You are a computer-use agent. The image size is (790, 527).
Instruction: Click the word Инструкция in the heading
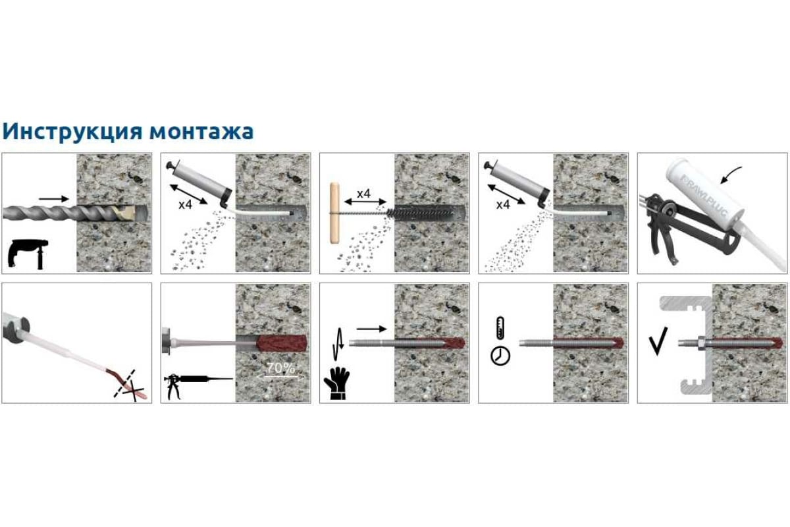tap(72, 132)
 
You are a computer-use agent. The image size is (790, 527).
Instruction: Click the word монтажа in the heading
tap(201, 132)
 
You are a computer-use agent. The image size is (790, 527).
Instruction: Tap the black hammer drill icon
tap(28, 254)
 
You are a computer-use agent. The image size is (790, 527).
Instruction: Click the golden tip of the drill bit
tap(124, 213)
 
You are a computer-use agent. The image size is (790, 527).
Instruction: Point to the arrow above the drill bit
tap(53, 199)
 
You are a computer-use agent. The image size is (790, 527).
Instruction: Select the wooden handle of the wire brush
tap(334, 213)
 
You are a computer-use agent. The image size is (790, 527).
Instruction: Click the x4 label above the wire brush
tap(363, 194)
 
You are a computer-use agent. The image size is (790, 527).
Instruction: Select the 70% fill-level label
tap(280, 368)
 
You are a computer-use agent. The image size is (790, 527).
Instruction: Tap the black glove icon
tap(337, 383)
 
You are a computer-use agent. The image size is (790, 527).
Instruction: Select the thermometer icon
tap(500, 328)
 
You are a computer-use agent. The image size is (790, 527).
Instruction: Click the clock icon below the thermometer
tap(500, 356)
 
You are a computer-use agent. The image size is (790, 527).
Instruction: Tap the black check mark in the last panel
tap(658, 341)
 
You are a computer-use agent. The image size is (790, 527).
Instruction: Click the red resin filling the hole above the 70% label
tap(282, 343)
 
